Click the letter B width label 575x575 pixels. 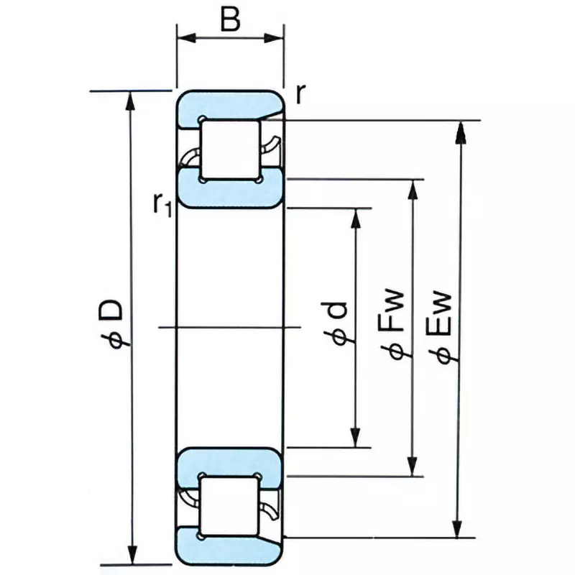pos(230,19)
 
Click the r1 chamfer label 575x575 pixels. pos(161,204)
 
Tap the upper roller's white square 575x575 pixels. pos(229,150)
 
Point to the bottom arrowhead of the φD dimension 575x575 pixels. pos(130,557)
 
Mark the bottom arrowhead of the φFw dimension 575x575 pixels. pos(412,468)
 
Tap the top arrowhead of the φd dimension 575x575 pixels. pos(355,217)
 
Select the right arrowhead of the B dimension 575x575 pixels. pos(277,37)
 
